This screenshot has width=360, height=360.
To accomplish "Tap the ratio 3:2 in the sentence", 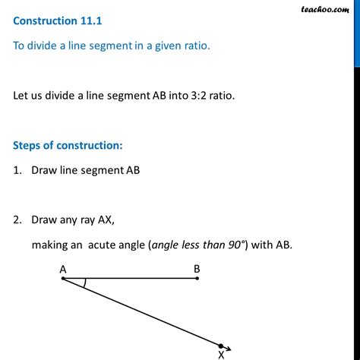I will click(200, 97).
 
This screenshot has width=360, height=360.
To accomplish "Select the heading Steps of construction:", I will click(67, 144).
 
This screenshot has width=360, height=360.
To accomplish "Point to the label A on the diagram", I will click(62, 268).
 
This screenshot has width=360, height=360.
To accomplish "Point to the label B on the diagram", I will click(197, 268).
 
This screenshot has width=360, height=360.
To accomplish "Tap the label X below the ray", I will click(221, 354).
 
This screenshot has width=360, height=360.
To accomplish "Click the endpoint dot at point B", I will click(197, 279).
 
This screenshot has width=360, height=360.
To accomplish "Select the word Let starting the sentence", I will click(22, 97).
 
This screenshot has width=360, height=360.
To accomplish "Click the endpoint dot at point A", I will click(63, 279).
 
